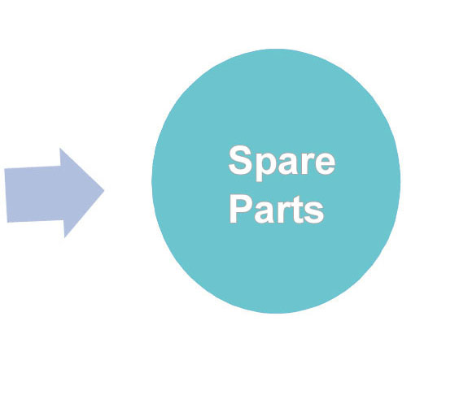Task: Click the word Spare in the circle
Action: [x=282, y=163]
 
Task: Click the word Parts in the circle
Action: [x=277, y=210]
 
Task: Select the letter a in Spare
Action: [x=289, y=163]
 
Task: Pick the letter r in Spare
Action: [x=307, y=163]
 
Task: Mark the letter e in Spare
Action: [x=325, y=163]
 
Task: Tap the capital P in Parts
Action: [x=241, y=210]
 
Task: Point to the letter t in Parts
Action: [x=295, y=210]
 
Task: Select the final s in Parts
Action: [x=314, y=213]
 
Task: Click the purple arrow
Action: [x=55, y=193]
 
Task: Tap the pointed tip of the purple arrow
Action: [x=104, y=191]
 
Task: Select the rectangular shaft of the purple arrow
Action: [x=34, y=194]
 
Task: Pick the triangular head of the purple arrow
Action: [x=82, y=193]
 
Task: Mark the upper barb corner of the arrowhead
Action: [x=60, y=149]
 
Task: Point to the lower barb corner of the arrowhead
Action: [x=64, y=238]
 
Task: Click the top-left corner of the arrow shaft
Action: [x=4, y=168]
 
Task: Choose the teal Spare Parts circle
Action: [x=276, y=181]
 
